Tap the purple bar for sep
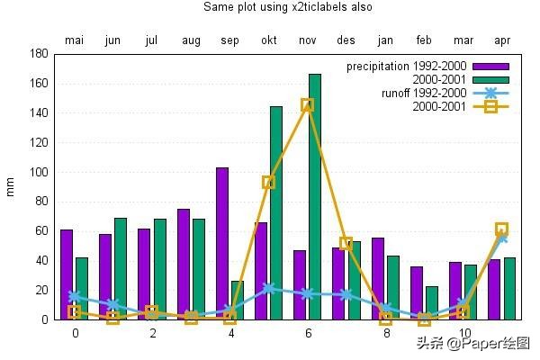pos(222,243)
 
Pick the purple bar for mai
pos(67,274)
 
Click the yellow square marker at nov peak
pos(308,104)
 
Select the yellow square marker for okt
pos(268,182)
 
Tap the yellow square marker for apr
pos(501,229)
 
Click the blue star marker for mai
pos(74,295)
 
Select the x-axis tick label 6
pos(308,333)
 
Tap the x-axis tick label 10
pos(463,333)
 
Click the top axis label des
pos(346,40)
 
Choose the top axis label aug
pos(191,40)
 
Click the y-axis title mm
pos(11,186)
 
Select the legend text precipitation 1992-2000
pos(406,67)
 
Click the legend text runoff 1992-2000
pos(424,93)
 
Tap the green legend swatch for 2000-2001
pos(490,79)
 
